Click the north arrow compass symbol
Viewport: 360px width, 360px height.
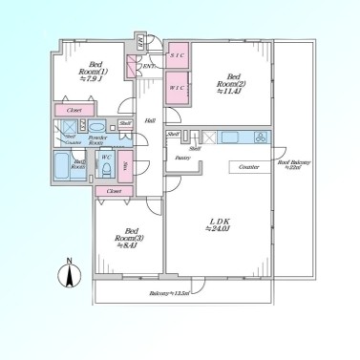70,273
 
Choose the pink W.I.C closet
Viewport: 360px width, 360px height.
178,87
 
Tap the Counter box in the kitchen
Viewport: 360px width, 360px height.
244,167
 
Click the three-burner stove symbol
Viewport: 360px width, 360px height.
259,138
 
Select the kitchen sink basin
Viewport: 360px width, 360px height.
232,138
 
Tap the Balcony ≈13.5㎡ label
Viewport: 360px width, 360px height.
168,292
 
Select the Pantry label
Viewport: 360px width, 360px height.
180,157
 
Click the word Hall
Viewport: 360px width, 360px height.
150,120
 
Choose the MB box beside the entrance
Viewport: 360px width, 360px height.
140,40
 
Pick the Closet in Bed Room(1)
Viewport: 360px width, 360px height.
72,111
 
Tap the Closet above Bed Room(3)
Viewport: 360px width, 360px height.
114,191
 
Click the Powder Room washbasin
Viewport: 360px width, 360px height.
97,127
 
